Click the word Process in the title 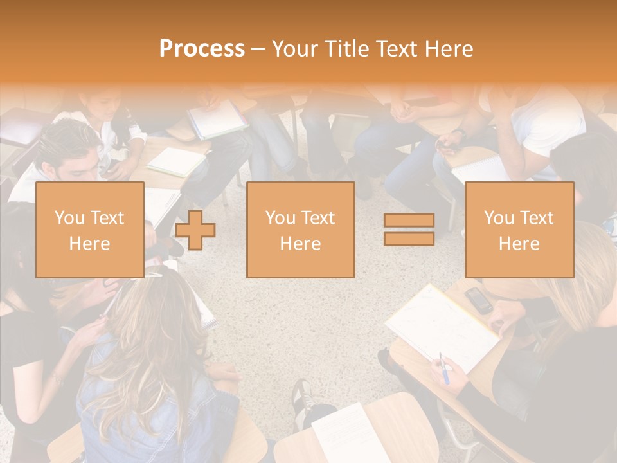202,49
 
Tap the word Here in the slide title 448,49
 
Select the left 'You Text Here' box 89,230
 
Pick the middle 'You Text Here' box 300,230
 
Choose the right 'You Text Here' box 519,230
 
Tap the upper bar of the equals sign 409,221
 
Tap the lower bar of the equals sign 409,239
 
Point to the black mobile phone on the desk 479,300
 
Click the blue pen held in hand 443,367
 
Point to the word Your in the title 294,49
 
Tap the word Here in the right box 519,244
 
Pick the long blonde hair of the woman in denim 148,347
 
